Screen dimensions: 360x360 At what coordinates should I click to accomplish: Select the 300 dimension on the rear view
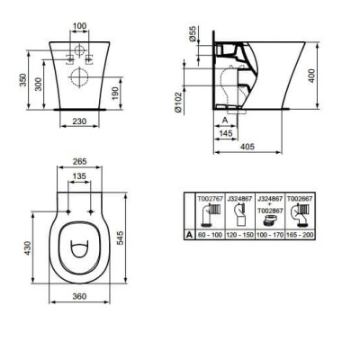(35, 83)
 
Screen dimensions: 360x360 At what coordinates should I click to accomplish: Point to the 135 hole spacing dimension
(78, 177)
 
